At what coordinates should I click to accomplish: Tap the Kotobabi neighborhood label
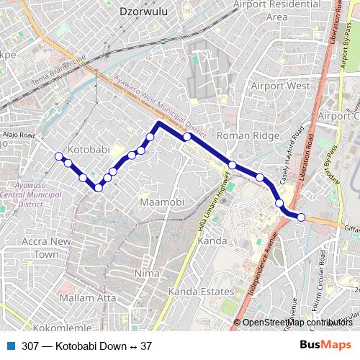pos(88,149)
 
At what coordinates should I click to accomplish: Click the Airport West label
pos(280,86)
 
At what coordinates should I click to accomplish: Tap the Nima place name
pos(146,274)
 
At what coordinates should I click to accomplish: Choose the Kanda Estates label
pos(201,292)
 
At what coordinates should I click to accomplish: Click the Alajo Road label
pos(17,135)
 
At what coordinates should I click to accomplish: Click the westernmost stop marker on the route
pos(58,156)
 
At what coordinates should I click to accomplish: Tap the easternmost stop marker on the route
pos(301,217)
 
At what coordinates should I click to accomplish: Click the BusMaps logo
pos(325,345)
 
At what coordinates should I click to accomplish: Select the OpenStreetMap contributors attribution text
pos(298,323)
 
